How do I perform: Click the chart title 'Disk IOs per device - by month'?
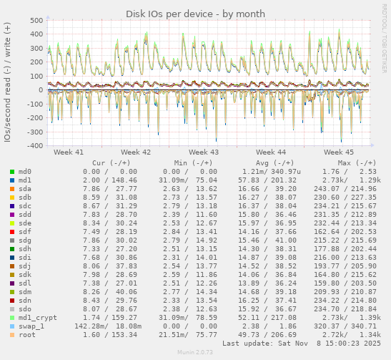point(195,14)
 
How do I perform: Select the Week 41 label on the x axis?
point(68,152)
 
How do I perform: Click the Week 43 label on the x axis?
point(204,152)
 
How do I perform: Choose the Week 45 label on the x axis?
point(339,152)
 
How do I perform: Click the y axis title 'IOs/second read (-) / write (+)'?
point(7,82)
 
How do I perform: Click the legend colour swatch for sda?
point(12,188)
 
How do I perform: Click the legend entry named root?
point(26,335)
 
